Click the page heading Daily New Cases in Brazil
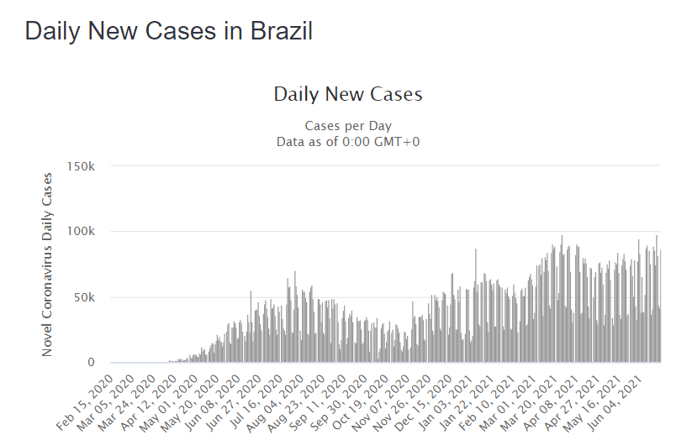pos(169,31)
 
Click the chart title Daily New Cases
pos(348,94)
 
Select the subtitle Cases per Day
pos(348,126)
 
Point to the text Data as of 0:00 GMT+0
pos(348,142)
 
